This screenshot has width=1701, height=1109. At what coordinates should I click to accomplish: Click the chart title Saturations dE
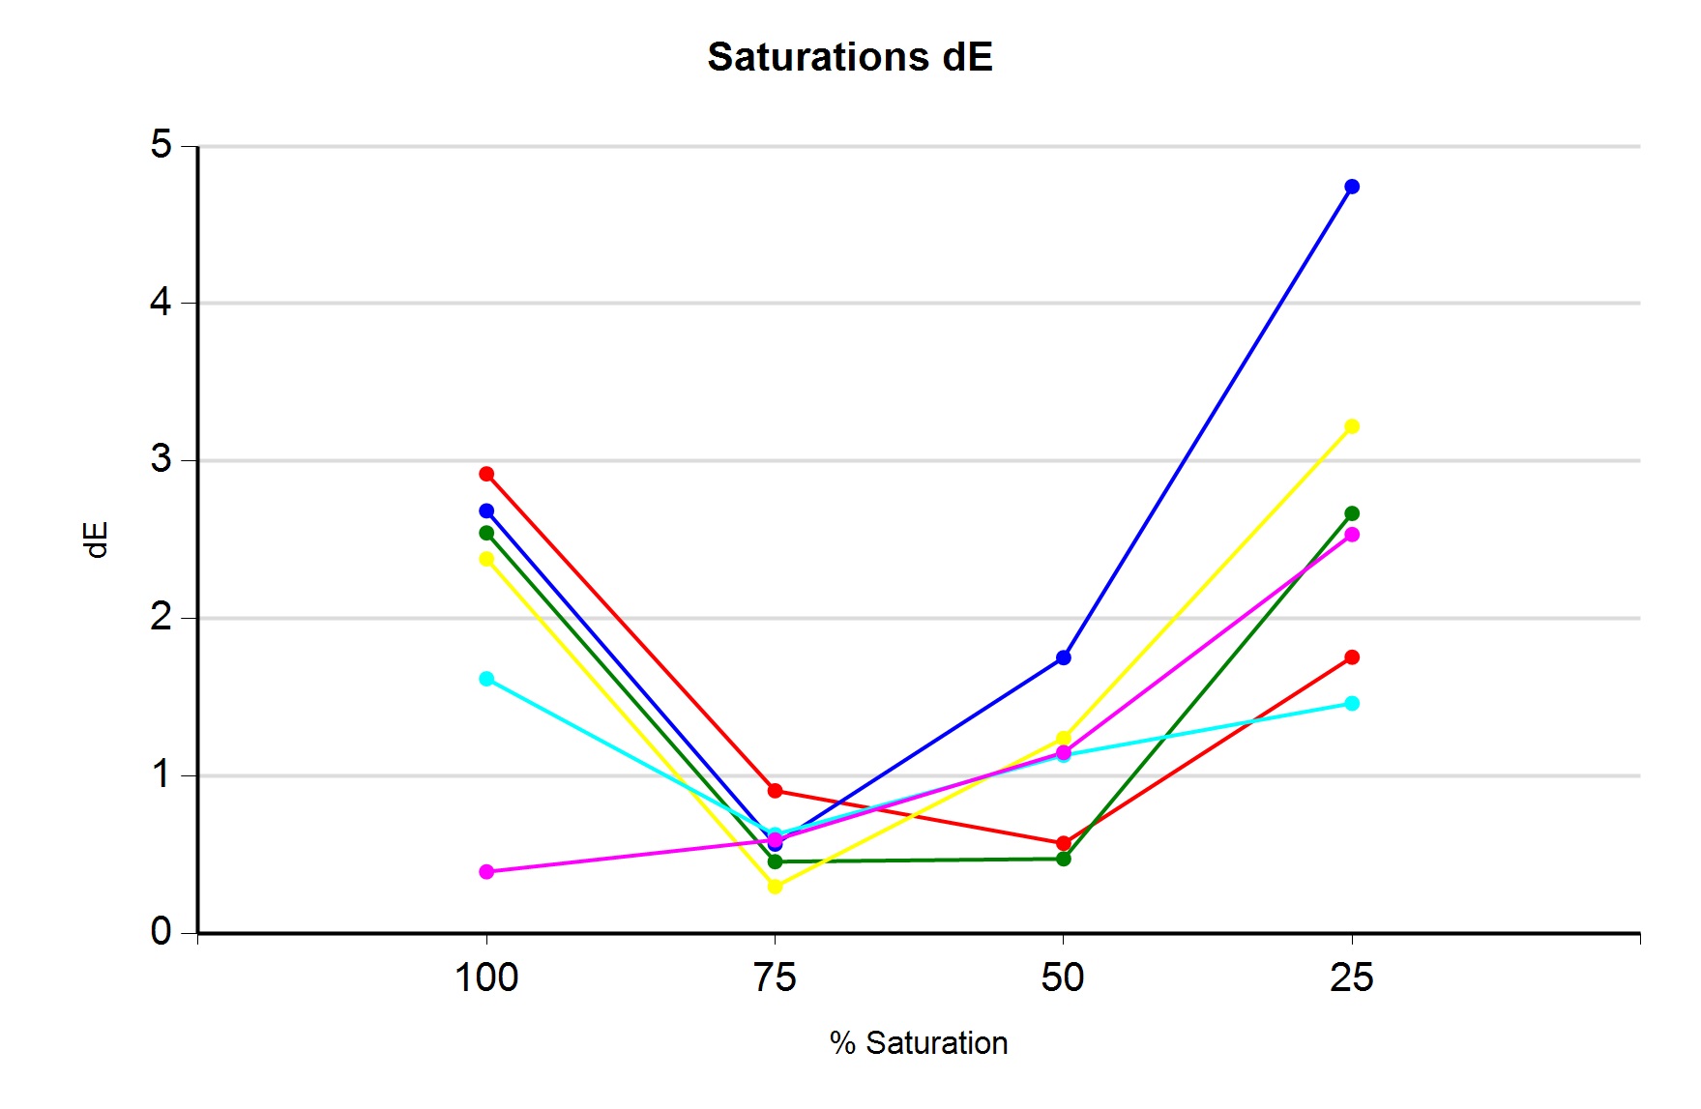click(850, 57)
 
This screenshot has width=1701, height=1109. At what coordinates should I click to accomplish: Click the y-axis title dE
click(96, 540)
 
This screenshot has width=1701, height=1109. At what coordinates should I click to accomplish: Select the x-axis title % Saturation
click(919, 1043)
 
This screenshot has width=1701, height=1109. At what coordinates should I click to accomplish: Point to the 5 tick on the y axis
click(161, 145)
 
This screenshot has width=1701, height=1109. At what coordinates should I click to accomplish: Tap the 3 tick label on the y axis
click(161, 459)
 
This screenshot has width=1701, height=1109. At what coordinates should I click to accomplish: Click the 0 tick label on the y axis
click(161, 932)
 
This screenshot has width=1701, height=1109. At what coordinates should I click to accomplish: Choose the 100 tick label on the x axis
click(486, 978)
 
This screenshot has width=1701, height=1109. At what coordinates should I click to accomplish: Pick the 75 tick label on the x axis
click(775, 978)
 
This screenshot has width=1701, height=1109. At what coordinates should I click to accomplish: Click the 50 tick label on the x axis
click(1063, 978)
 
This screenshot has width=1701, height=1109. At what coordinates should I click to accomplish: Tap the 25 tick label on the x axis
click(1351, 978)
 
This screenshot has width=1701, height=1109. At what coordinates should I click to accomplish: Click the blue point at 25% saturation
click(1352, 187)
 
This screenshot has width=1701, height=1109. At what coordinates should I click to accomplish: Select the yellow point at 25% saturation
click(1352, 426)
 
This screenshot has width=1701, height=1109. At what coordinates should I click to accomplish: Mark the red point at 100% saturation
click(486, 474)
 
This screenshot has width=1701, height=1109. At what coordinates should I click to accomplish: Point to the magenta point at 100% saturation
click(486, 872)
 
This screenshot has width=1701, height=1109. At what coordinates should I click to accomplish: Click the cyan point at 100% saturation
click(486, 679)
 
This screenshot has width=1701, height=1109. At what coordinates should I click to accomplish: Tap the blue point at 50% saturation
click(1064, 657)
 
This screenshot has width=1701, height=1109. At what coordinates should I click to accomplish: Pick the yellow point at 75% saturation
click(775, 887)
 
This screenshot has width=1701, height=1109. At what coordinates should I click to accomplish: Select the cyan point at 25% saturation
click(1352, 703)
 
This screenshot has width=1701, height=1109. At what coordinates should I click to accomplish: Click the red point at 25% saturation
click(1352, 657)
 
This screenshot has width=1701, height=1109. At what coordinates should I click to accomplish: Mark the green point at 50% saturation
click(1064, 859)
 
